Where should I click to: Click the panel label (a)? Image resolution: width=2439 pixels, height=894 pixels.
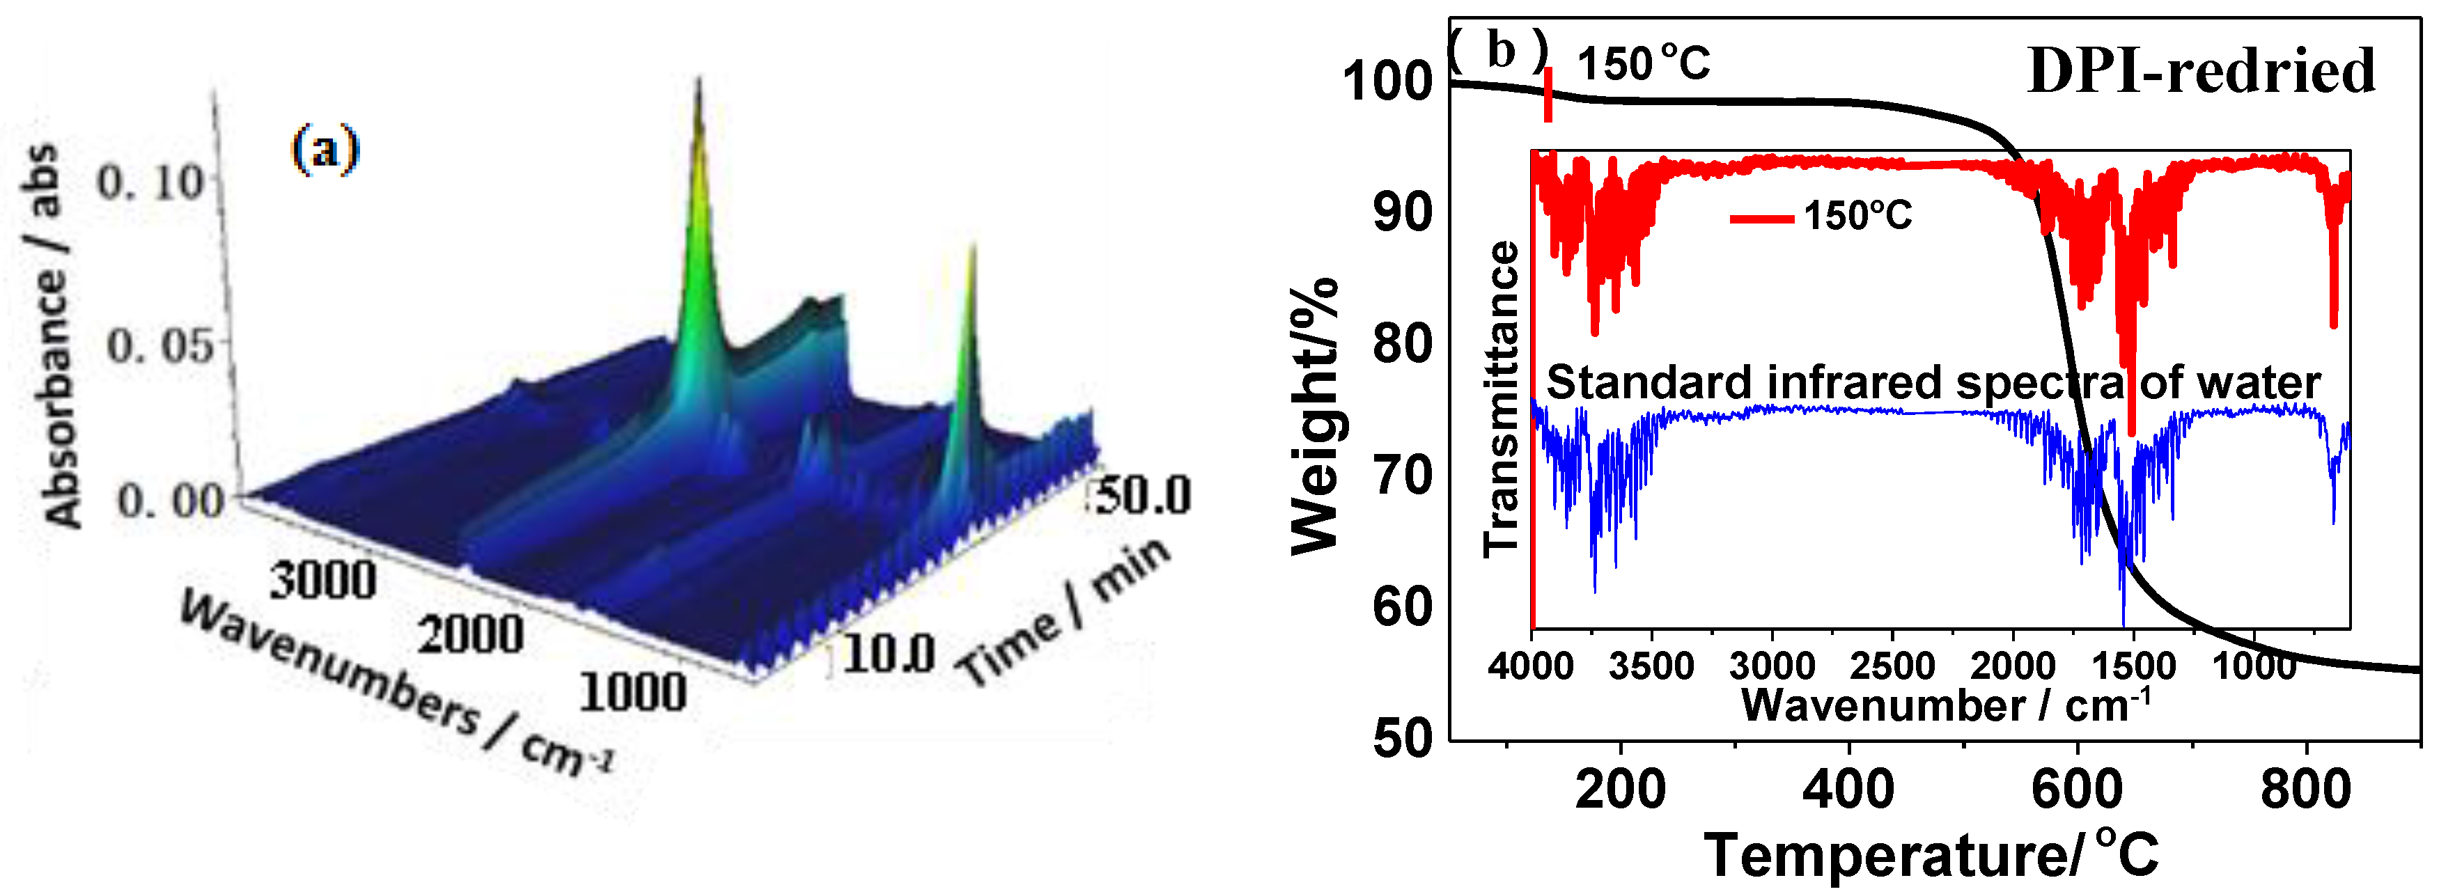(x=325, y=150)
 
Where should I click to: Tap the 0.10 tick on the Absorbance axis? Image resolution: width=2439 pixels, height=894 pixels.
(x=152, y=181)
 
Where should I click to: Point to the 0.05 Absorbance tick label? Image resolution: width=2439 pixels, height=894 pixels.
(x=159, y=345)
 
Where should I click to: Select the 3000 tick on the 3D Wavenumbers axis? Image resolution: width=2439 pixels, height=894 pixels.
(x=323, y=579)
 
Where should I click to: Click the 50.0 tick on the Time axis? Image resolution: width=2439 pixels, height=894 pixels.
(x=1143, y=495)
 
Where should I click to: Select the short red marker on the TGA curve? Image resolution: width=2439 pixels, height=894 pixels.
(x=1548, y=95)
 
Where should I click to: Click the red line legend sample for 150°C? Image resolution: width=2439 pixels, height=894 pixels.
(x=1761, y=219)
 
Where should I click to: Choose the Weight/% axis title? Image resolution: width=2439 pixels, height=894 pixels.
(x=1315, y=416)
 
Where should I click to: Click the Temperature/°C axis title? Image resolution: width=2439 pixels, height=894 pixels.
(x=1931, y=855)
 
